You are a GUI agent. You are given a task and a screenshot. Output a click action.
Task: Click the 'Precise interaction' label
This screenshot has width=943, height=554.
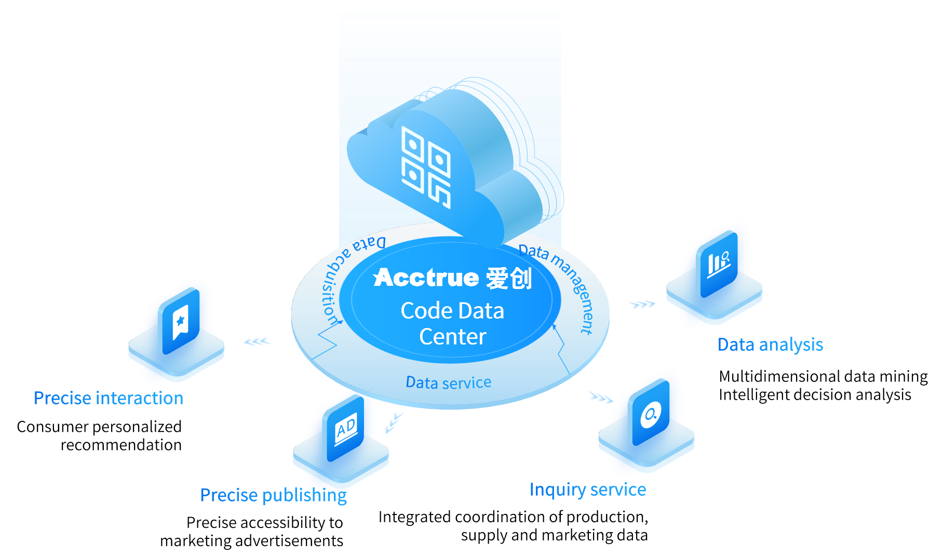click(x=109, y=398)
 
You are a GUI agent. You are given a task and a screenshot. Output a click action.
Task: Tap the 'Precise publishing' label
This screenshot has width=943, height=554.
click(x=273, y=495)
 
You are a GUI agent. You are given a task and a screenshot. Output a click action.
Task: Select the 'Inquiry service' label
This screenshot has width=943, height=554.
click(x=587, y=490)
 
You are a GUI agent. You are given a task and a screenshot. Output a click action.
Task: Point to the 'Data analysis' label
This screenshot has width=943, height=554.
click(x=770, y=345)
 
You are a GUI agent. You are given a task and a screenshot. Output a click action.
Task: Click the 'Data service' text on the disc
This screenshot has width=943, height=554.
click(x=448, y=382)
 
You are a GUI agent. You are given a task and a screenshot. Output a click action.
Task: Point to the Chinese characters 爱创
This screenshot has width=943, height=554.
click(x=509, y=279)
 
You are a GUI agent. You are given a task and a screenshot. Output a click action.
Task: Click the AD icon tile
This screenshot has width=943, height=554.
click(x=346, y=429)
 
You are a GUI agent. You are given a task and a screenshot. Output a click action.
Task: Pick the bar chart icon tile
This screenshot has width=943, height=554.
click(x=719, y=263)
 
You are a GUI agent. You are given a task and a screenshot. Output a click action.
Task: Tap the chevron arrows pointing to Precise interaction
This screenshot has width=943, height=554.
click(x=258, y=341)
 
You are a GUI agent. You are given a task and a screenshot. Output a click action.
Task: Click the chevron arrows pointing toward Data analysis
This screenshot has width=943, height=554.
click(x=641, y=304)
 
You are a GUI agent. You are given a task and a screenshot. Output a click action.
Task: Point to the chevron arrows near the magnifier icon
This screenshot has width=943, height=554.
click(x=601, y=398)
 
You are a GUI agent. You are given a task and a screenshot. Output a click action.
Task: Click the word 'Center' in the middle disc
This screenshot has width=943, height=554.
click(x=452, y=337)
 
